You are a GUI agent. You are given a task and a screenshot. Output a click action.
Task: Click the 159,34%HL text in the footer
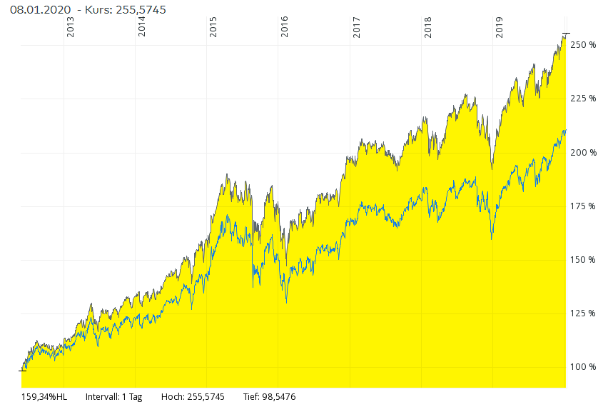coord(44,397)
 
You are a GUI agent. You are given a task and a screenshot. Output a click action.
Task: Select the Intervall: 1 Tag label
coord(113,397)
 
